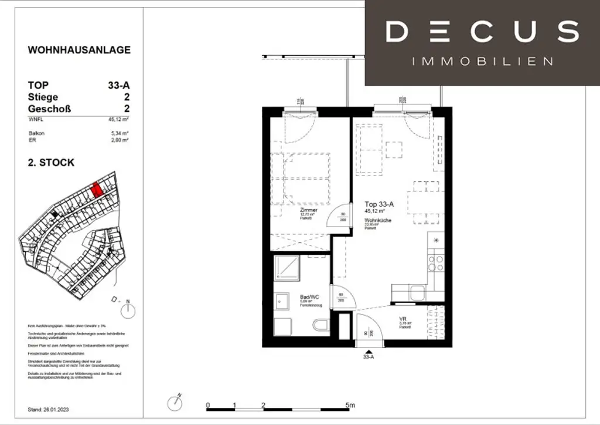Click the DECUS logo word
[x=482, y=32]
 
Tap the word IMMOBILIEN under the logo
[x=482, y=62]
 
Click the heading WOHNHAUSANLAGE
[x=79, y=50]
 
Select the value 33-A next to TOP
[x=119, y=85]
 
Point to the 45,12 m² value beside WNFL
[x=118, y=119]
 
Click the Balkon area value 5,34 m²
[x=120, y=134]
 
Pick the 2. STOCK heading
[x=52, y=163]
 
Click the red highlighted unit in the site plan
[x=97, y=189]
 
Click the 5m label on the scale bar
[x=350, y=405]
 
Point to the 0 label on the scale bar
[x=207, y=405]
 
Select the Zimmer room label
[x=308, y=210]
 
